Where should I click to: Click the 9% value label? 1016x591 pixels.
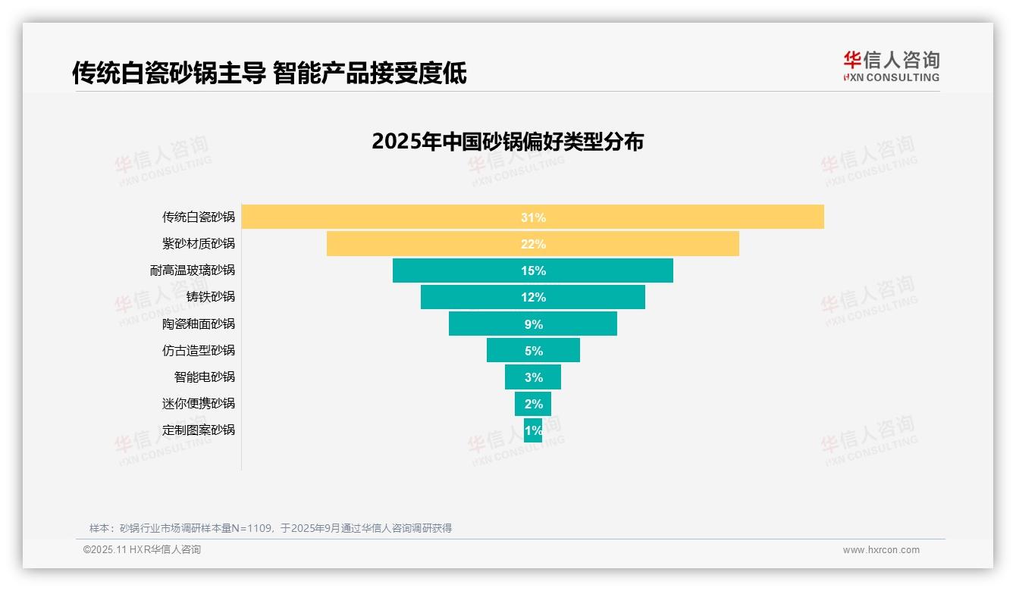coord(533,324)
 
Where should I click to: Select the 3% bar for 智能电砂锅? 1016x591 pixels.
coord(533,377)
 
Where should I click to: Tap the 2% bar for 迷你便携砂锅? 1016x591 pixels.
coord(533,403)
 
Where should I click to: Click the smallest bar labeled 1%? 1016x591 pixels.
coord(533,430)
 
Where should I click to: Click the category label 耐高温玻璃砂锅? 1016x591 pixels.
coord(193,270)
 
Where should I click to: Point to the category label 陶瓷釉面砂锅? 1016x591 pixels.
coord(199,324)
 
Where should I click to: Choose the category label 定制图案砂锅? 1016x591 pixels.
coord(199,430)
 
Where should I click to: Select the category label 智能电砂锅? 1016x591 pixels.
coord(205,377)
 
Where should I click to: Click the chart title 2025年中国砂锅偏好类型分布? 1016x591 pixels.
coord(507,142)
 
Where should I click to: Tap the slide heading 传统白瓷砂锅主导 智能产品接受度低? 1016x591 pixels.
coord(269,73)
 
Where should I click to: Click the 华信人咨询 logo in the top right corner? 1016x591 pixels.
coord(891,66)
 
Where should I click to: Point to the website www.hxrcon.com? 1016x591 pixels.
coord(881,550)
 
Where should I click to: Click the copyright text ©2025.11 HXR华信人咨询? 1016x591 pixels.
coord(142,550)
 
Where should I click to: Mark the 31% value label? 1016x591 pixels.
coord(533,217)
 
